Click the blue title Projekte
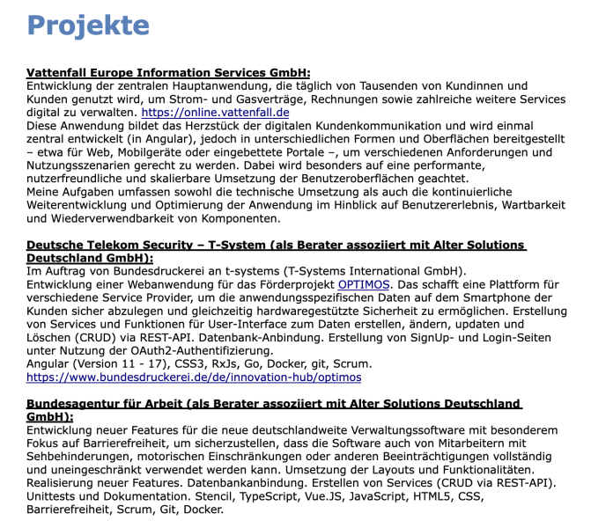click(88, 26)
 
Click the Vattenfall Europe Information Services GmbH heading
click(168, 72)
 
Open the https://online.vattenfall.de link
click(215, 113)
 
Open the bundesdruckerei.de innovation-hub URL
click(194, 377)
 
